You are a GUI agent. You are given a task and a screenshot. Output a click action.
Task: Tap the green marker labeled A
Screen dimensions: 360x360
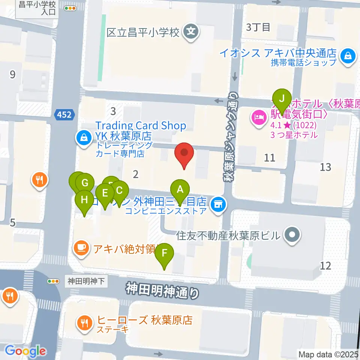[x=180, y=190]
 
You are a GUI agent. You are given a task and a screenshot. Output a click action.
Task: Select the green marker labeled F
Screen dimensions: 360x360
[x=165, y=254]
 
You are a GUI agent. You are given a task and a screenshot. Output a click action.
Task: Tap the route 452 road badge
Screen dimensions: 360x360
[x=64, y=114]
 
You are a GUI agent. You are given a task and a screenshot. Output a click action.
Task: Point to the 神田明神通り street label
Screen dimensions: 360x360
[x=162, y=290]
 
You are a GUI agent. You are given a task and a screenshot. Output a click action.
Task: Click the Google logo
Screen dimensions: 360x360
[x=25, y=351]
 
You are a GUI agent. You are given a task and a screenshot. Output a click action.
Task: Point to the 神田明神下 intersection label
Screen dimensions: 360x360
[x=87, y=280]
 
